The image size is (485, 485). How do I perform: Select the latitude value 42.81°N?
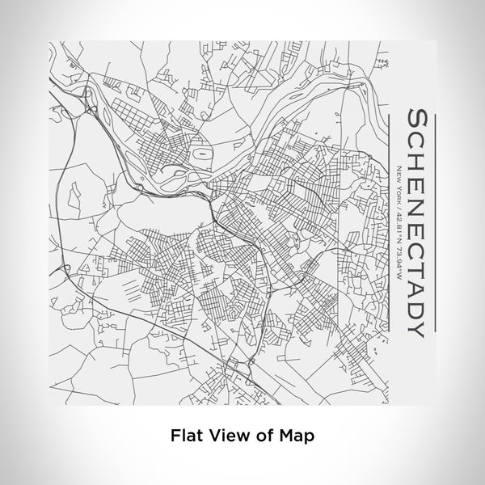coord(399,226)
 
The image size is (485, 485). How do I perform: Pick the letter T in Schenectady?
coord(418,259)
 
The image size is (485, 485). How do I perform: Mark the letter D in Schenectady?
coord(418,305)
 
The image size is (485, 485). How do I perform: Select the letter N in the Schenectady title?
coord(418,196)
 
